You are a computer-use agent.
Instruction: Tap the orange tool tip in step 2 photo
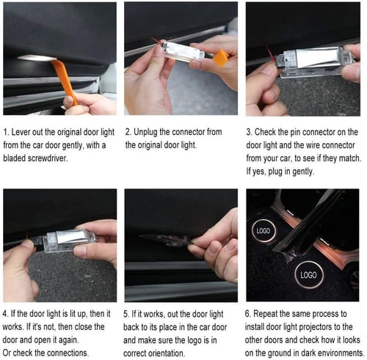(220, 58)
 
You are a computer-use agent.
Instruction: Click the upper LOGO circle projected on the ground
(264, 230)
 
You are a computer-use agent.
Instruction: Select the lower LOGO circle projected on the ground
(308, 275)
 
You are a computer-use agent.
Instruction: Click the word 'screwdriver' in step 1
(47, 158)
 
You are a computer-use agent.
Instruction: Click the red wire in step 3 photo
(271, 54)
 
